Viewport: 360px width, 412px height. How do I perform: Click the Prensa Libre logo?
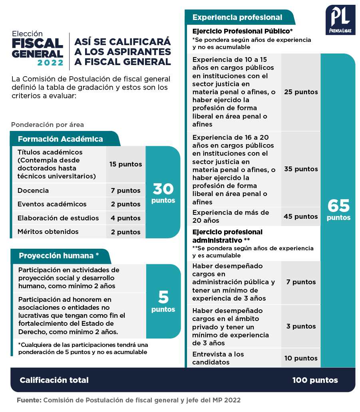pyautogui.click(x=340, y=20)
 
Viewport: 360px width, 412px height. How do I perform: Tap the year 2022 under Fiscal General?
pyautogui.click(x=50, y=63)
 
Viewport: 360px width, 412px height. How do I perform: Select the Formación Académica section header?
pyautogui.click(x=60, y=139)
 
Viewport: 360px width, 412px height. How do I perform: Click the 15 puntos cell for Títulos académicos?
pyautogui.click(x=125, y=164)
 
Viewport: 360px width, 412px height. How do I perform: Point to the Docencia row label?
pyautogui.click(x=33, y=190)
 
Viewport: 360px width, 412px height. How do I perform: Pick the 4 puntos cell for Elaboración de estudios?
pyautogui.click(x=125, y=218)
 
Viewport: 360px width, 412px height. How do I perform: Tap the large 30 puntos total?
pyautogui.click(x=163, y=192)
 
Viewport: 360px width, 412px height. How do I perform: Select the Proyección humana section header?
pyautogui.click(x=59, y=256)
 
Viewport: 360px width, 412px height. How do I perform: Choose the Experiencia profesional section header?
pyautogui.click(x=237, y=17)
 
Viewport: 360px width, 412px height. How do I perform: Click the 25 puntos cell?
pyautogui.click(x=301, y=92)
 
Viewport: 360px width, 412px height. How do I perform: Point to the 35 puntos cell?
pyautogui.click(x=301, y=169)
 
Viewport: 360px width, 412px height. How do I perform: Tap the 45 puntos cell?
pyautogui.click(x=301, y=216)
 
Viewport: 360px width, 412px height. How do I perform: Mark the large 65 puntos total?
pyautogui.click(x=338, y=210)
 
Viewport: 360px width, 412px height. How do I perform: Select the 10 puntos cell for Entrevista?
pyautogui.click(x=301, y=358)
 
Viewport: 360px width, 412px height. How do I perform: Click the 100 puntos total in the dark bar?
pyautogui.click(x=315, y=380)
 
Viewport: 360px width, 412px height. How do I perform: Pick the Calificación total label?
pyautogui.click(x=54, y=380)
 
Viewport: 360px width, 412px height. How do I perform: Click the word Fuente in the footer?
pyautogui.click(x=29, y=400)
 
